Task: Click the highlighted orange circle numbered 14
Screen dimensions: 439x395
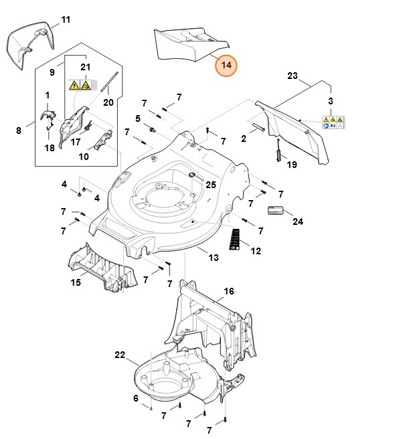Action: [226, 66]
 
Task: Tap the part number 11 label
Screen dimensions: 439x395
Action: [66, 19]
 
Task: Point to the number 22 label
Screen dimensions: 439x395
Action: [121, 354]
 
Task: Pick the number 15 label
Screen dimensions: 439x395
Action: [76, 283]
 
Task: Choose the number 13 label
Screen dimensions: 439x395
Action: [213, 258]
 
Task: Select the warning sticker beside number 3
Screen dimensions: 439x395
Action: [333, 122]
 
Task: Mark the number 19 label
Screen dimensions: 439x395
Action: [291, 165]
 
